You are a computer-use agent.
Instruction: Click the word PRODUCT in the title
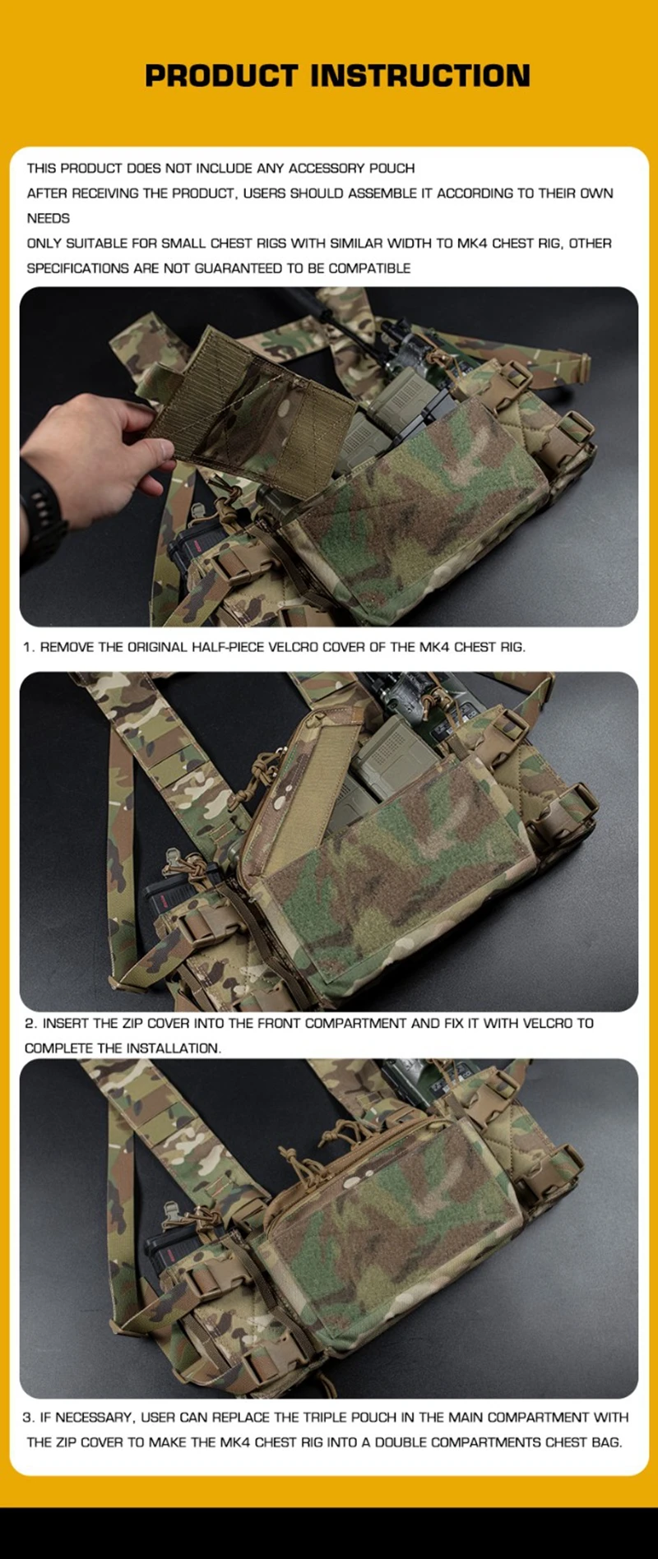(220, 76)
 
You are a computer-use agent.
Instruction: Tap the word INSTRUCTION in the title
(420, 76)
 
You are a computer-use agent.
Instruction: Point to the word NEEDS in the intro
(49, 219)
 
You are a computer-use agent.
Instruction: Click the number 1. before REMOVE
(29, 647)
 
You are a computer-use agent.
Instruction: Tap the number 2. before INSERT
(31, 1024)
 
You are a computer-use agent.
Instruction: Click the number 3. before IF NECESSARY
(29, 1418)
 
